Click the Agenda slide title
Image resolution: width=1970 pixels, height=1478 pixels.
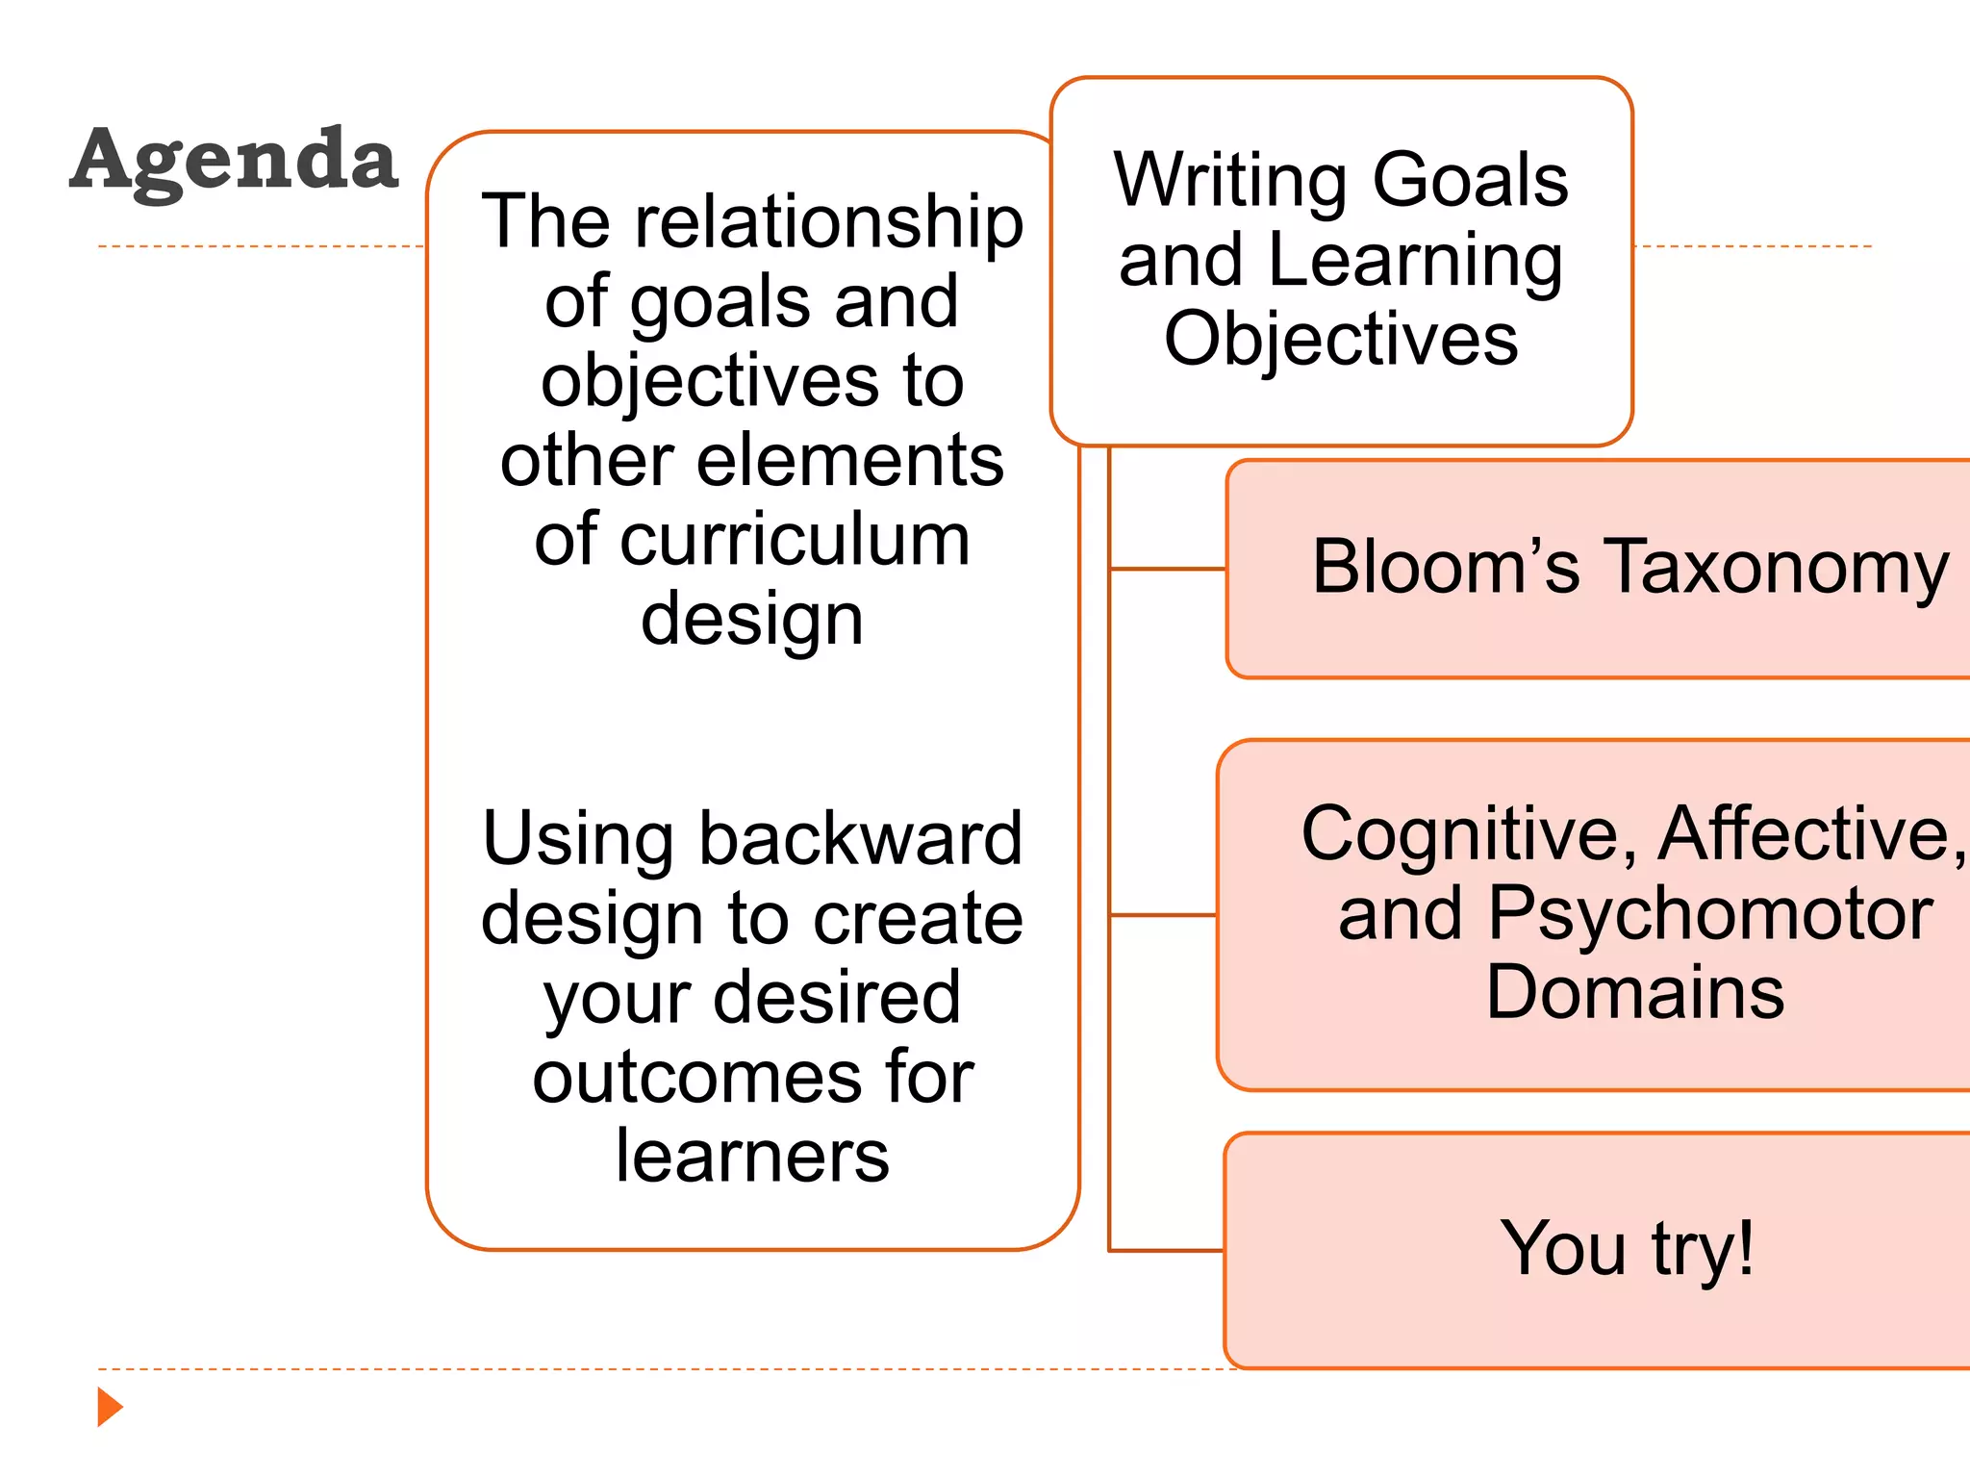tap(234, 161)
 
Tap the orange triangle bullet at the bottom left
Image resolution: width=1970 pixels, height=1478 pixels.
tap(110, 1407)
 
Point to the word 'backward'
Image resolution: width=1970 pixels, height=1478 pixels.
tap(860, 838)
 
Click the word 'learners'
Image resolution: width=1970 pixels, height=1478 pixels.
tap(752, 1155)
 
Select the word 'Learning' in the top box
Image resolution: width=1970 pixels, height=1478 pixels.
tap(1415, 262)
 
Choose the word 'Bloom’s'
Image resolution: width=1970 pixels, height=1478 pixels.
tap(1445, 567)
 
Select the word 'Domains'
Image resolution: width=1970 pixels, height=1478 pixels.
tap(1634, 992)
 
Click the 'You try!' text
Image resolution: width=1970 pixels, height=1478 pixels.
tap(1627, 1248)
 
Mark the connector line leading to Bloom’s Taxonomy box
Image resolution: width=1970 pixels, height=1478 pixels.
tap(1168, 569)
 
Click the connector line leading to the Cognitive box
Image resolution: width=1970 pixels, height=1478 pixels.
tap(1163, 915)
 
